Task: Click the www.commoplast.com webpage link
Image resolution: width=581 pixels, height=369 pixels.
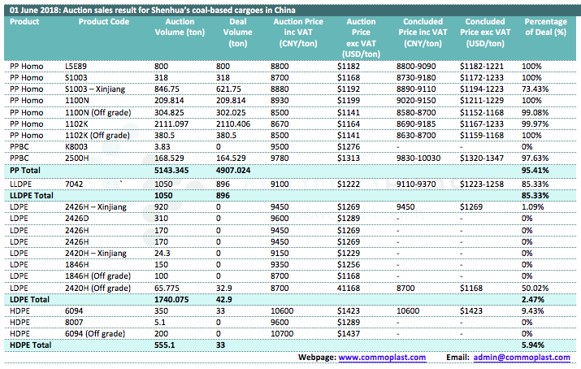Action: coord(382,358)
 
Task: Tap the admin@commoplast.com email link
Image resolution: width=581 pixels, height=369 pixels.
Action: coord(522,358)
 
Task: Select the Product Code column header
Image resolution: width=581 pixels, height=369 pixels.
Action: coord(104,22)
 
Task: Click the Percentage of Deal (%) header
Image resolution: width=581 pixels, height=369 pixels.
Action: coord(545,27)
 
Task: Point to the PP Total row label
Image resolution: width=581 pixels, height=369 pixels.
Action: coord(25,171)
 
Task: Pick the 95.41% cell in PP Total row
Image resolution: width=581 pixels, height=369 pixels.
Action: coord(535,171)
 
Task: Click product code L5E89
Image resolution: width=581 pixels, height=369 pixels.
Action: coord(76,67)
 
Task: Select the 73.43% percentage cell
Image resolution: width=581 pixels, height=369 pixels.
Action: coord(535,89)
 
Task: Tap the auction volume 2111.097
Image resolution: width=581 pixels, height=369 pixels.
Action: coord(171,124)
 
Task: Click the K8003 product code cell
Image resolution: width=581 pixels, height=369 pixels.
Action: coord(76,147)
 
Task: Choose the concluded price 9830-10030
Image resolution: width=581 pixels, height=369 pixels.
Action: coord(418,158)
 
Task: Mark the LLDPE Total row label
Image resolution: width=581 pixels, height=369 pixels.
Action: coord(32,196)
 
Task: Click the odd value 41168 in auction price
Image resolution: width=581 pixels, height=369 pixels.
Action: coord(349,289)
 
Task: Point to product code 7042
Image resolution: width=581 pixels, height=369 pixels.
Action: coord(74,184)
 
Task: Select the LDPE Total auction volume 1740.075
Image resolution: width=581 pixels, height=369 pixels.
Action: coord(171,299)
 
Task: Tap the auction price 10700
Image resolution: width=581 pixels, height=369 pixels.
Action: coord(282,334)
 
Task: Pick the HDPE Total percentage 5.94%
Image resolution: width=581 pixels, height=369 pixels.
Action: coord(533,345)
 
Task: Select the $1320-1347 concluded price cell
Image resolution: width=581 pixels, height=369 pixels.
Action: coord(482,158)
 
